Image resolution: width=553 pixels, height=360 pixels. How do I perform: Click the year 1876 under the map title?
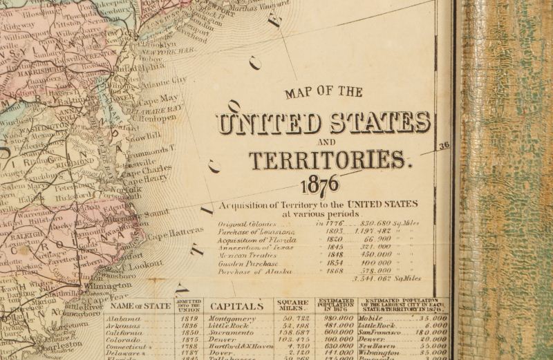click(x=320, y=185)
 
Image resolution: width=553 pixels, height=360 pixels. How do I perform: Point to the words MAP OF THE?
click(x=323, y=91)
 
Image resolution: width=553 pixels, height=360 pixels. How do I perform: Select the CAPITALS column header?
click(x=236, y=305)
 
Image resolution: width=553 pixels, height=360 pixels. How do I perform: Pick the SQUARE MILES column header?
click(x=293, y=305)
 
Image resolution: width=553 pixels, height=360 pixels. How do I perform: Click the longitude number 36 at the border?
click(x=444, y=146)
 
